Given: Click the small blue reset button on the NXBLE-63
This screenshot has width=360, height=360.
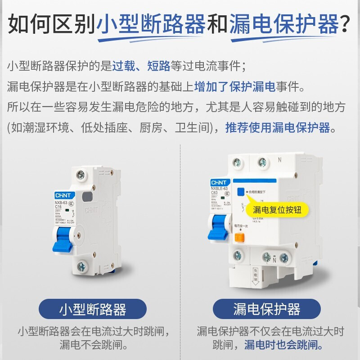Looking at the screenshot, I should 241,191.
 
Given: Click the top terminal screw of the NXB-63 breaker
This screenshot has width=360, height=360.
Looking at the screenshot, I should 81,175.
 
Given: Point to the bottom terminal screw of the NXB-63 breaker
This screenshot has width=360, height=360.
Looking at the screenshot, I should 82,266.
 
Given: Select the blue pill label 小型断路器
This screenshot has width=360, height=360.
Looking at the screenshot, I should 93,309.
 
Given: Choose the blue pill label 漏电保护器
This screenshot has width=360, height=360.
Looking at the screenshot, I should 266,309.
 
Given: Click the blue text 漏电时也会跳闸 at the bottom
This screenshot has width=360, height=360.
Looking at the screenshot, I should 283,346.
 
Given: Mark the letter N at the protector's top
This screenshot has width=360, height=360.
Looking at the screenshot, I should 279,159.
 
